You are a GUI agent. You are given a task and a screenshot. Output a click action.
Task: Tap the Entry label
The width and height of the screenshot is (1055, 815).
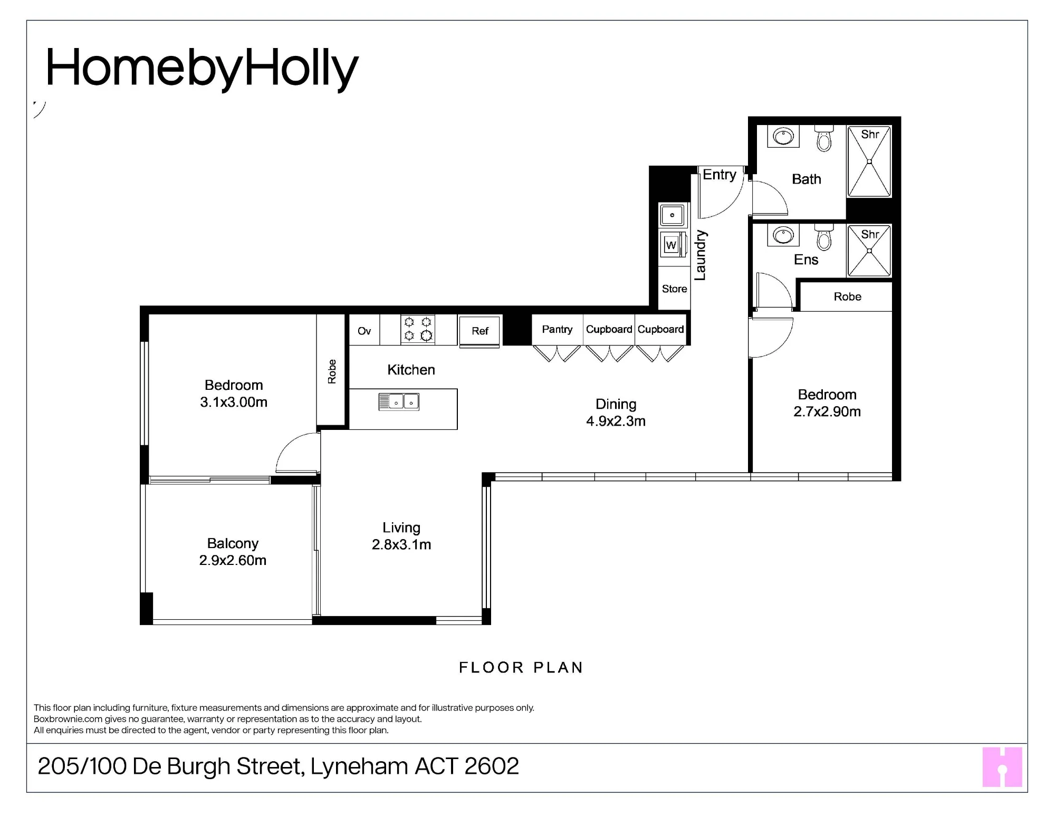(x=720, y=175)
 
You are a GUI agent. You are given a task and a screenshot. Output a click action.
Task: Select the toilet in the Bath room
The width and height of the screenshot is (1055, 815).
(x=823, y=138)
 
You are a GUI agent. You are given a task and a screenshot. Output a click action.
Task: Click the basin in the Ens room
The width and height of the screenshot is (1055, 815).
(x=783, y=235)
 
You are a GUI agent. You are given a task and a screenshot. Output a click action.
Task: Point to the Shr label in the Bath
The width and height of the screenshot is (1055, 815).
(x=870, y=135)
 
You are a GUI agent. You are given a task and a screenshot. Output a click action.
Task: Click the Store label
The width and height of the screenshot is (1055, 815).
(x=675, y=289)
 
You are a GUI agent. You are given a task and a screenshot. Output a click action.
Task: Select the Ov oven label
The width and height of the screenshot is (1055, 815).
(x=364, y=331)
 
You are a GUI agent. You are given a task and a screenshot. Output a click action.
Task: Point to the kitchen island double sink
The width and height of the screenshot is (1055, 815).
(x=399, y=402)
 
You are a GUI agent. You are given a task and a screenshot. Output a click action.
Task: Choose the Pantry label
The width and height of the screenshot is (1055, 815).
(x=557, y=329)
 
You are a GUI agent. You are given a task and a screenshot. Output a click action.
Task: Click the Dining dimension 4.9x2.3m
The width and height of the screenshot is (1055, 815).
(x=616, y=421)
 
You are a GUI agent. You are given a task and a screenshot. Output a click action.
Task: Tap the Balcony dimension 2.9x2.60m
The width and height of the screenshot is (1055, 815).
(x=233, y=560)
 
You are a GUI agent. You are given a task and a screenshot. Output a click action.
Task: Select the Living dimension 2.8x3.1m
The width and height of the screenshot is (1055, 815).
(x=401, y=544)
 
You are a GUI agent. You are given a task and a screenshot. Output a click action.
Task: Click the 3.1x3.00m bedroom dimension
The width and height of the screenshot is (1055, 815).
(x=234, y=402)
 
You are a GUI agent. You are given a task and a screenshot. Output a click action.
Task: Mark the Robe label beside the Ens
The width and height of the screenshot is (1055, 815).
(x=847, y=296)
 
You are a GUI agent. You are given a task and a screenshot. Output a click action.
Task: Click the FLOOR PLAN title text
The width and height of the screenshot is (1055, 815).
(x=521, y=668)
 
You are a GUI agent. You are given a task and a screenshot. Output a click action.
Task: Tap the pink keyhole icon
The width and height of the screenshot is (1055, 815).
(x=1002, y=767)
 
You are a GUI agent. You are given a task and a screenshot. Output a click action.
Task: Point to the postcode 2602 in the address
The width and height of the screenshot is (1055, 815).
(x=492, y=766)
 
